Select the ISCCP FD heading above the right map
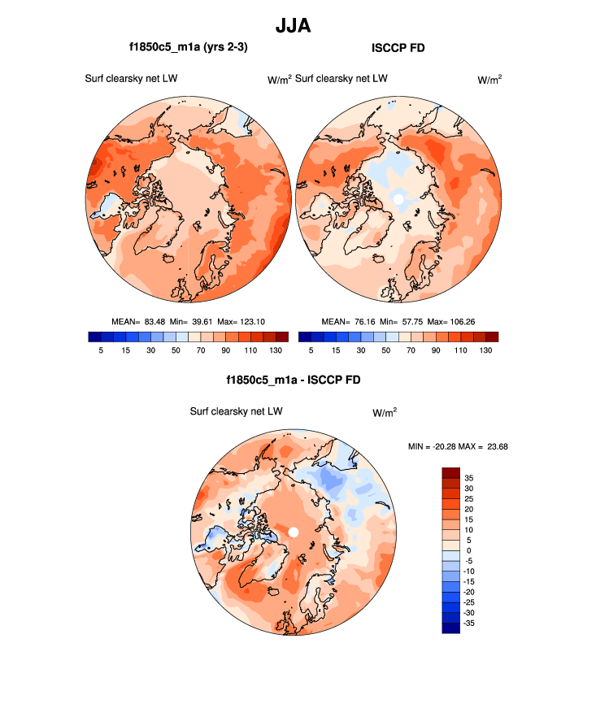[x=398, y=48]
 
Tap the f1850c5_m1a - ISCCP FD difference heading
[x=294, y=380]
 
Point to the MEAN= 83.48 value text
[x=138, y=322]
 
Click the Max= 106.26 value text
[x=452, y=322]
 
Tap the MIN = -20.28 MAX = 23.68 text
[x=458, y=446]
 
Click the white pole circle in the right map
[x=398, y=198]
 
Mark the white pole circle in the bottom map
[x=294, y=532]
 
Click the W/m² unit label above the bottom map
[x=385, y=412]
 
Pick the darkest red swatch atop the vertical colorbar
[x=451, y=472]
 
